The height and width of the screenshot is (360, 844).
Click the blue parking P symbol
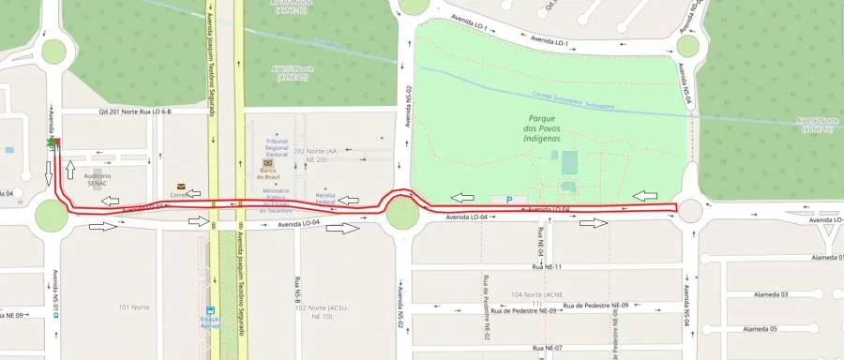(x=509, y=199)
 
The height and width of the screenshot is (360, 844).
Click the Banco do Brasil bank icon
(x=267, y=162)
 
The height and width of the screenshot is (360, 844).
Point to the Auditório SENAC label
(x=98, y=179)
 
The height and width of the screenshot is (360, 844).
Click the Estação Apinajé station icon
(x=210, y=313)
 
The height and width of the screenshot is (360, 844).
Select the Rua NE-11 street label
(x=545, y=267)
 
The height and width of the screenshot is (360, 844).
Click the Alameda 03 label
(x=772, y=294)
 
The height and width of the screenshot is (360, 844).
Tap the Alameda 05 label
(x=761, y=329)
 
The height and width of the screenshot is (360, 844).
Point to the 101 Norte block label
(x=135, y=307)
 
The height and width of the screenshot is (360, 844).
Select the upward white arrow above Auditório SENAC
(x=69, y=169)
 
